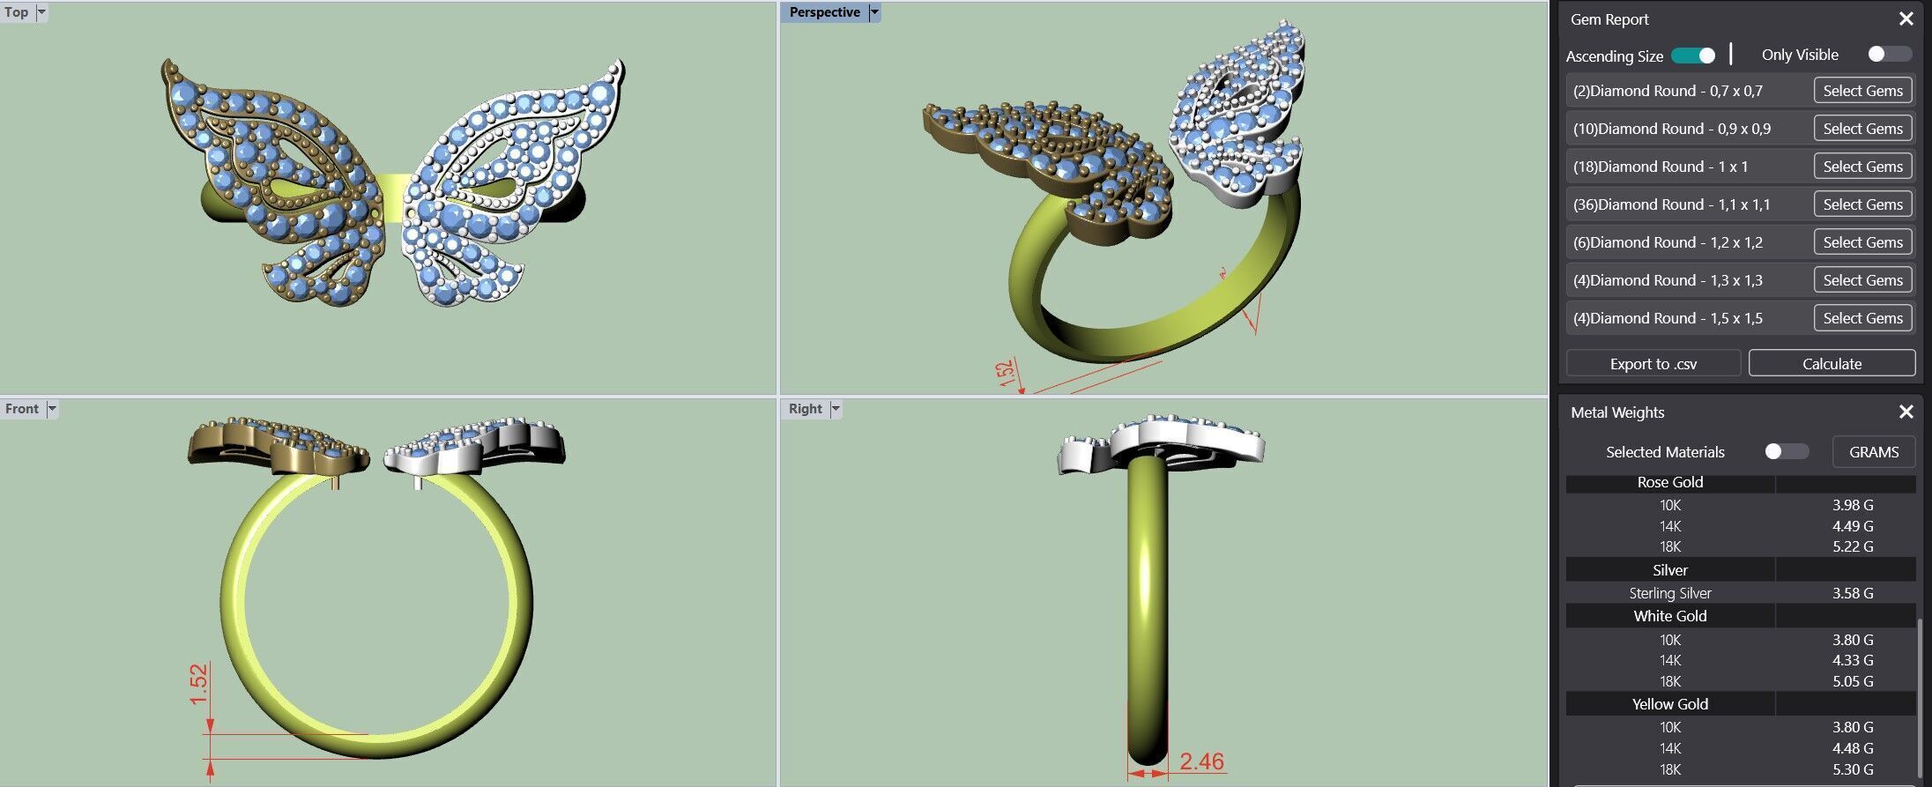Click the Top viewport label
(x=17, y=12)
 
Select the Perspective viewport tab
(x=824, y=12)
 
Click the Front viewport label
(x=22, y=409)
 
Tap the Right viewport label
(x=805, y=409)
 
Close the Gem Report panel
(x=1906, y=19)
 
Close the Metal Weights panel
(x=1906, y=412)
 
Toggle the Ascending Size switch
(x=1693, y=56)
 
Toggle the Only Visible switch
(x=1889, y=55)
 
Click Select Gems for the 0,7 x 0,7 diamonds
(x=1862, y=91)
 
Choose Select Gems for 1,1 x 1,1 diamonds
(x=1862, y=204)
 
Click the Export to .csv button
(x=1653, y=364)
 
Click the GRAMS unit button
(x=1873, y=452)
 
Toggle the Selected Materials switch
(x=1786, y=452)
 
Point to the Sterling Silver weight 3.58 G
(x=1852, y=593)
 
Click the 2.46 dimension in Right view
(x=1201, y=761)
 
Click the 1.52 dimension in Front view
(x=199, y=684)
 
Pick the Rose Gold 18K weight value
(x=1852, y=546)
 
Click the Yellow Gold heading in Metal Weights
(x=1669, y=704)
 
